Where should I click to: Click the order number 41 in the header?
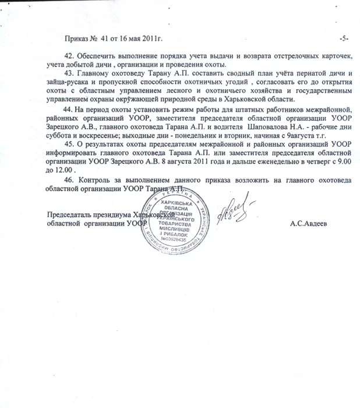point(105,39)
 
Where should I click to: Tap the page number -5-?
point(344,39)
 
